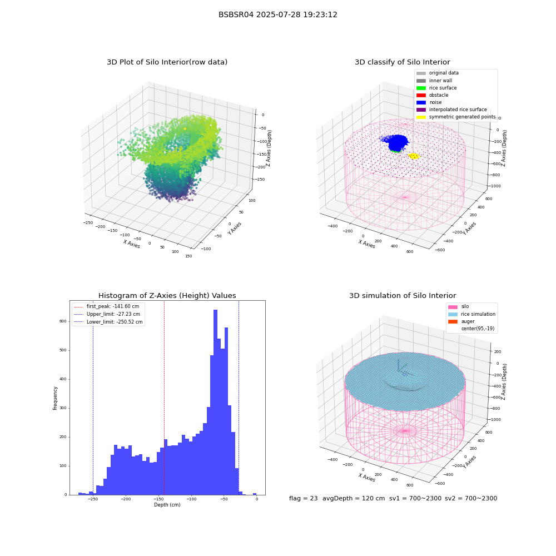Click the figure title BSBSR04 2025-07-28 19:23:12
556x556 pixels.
coord(277,14)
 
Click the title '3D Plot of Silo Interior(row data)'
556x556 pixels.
coord(167,62)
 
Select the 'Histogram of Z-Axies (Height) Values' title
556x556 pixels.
coord(167,295)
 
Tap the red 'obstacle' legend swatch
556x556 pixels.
coord(421,95)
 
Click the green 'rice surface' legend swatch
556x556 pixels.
coord(421,88)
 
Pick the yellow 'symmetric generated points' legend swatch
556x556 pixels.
coord(421,117)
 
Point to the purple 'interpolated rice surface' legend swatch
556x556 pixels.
coord(421,110)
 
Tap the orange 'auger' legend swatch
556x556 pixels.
coord(453,321)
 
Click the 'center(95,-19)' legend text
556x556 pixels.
coord(478,329)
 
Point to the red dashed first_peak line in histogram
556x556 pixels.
coord(164,398)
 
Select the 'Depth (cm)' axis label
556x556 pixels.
coord(167,505)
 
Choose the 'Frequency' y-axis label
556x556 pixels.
coord(55,398)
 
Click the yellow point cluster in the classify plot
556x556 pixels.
coord(414,156)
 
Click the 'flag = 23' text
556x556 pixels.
coord(304,498)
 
